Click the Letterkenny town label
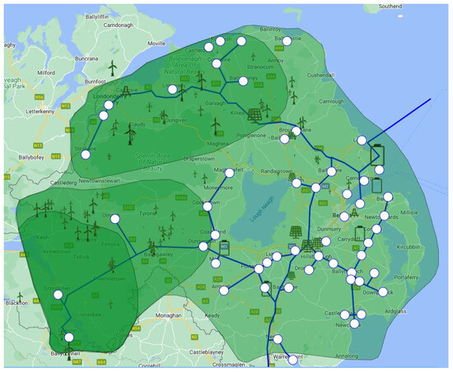(x=24, y=109)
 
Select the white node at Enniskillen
(x=58, y=290)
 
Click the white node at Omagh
(x=115, y=218)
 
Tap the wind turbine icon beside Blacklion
(x=21, y=295)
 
